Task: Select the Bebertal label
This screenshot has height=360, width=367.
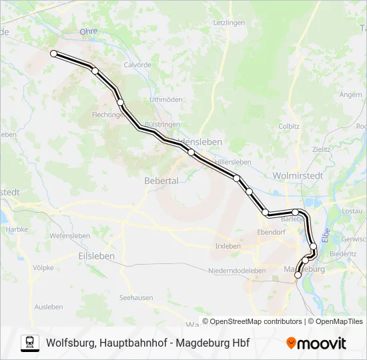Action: point(161,180)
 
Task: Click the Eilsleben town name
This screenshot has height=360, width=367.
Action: point(96,255)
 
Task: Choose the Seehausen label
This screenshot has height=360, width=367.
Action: point(136,297)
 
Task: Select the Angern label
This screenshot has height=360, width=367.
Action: point(350,95)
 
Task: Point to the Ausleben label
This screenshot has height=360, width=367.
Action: point(49,307)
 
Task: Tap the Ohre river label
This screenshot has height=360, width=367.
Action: point(88,31)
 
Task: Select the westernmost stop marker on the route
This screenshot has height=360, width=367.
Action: point(54,53)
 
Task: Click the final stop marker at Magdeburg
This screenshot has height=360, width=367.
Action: point(298,274)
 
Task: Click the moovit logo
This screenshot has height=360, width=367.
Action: point(316,343)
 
